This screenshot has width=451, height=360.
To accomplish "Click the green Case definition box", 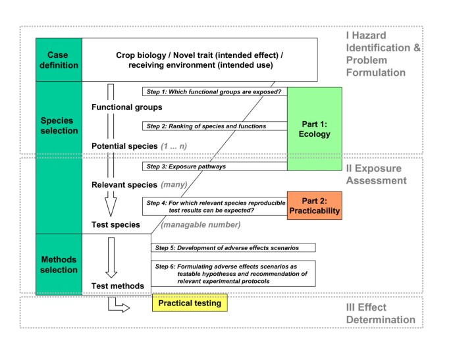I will click(x=58, y=59).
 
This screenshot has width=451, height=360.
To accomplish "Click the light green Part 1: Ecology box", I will click(x=315, y=128).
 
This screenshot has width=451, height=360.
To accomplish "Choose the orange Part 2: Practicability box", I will click(x=315, y=205).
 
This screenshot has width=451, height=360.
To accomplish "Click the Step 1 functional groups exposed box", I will click(x=215, y=91).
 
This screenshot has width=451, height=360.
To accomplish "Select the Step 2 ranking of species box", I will click(x=215, y=126).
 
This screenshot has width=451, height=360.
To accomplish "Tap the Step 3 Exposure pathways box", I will click(x=215, y=167).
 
